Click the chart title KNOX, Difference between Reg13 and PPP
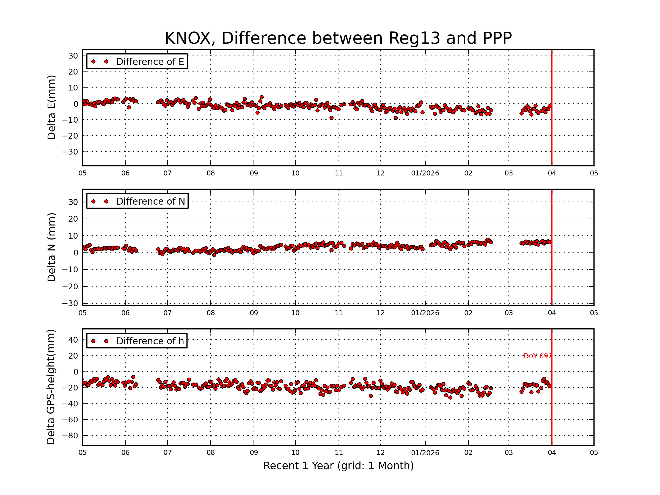pyautogui.click(x=338, y=38)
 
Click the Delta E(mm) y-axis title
pyautogui.click(x=51, y=108)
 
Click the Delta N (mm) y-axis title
pyautogui.click(x=51, y=247)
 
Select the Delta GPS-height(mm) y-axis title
pyautogui.click(x=51, y=387)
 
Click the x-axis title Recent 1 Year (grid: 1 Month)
pyautogui.click(x=338, y=466)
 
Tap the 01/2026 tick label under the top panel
pyautogui.click(x=425, y=173)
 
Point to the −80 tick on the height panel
pyautogui.click(x=70, y=436)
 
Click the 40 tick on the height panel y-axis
pyautogui.click(x=73, y=340)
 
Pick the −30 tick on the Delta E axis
pyautogui.click(x=70, y=152)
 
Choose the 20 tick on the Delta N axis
pyautogui.click(x=73, y=219)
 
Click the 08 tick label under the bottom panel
pyautogui.click(x=211, y=453)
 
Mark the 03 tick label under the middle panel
pyautogui.click(x=509, y=313)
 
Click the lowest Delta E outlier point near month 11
pyautogui.click(x=331, y=118)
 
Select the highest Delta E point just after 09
pyautogui.click(x=262, y=97)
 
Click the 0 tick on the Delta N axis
pyautogui.click(x=76, y=253)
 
